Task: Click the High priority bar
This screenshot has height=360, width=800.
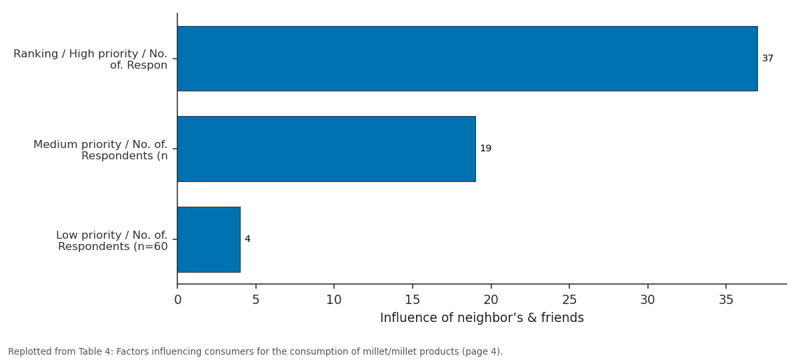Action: pos(467,59)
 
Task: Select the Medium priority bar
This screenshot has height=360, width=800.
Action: pos(327,149)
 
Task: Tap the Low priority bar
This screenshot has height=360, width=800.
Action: pos(209,239)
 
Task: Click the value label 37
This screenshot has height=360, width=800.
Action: pos(767,58)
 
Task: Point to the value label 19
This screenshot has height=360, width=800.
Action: pos(486,148)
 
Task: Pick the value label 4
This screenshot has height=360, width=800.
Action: pos(247,239)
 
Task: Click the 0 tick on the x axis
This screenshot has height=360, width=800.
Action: pos(178,299)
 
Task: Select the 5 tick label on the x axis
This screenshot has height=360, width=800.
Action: pos(256,299)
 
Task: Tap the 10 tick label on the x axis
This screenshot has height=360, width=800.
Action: pos(334,299)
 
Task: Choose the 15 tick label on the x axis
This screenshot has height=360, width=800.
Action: pos(413,299)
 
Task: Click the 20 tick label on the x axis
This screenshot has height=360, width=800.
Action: pos(491,299)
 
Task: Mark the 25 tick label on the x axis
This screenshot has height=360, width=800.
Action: pos(569,299)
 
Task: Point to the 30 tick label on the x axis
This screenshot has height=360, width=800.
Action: pos(647,299)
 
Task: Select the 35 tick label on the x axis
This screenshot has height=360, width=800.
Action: pos(726,299)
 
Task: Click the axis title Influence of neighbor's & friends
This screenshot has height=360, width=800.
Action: pos(482,317)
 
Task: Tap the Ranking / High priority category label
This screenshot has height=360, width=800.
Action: pos(91,59)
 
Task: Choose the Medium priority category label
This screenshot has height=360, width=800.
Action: pos(101,150)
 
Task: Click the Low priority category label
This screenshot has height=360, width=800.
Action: pos(112,241)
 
